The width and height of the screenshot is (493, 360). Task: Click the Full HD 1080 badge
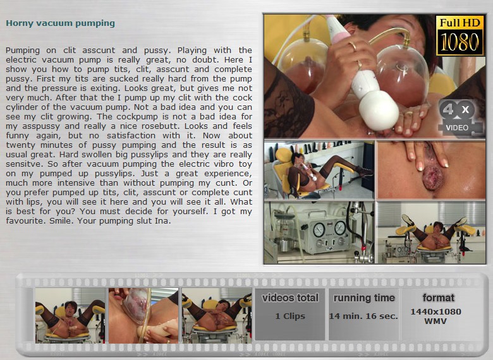coord(460,35)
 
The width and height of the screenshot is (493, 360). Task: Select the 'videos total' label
coord(290,297)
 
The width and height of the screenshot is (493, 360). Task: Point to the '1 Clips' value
coord(290,316)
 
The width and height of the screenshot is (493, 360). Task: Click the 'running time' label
coord(364,297)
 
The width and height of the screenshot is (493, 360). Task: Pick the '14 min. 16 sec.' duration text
coord(363,316)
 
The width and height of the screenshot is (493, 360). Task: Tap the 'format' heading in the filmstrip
coord(438,297)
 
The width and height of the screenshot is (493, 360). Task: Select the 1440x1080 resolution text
coord(435,311)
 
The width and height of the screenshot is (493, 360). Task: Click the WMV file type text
coord(435,321)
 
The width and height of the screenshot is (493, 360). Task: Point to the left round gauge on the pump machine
coord(319,230)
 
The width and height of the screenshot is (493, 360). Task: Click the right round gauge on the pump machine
coord(340,228)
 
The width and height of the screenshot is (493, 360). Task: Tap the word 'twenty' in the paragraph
coord(20,145)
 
